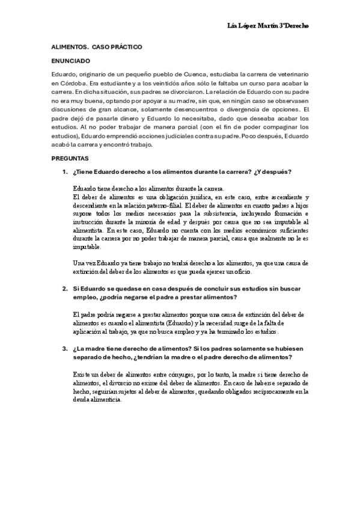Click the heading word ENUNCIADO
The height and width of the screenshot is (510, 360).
point(68,61)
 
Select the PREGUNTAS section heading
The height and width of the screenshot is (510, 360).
point(69,159)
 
